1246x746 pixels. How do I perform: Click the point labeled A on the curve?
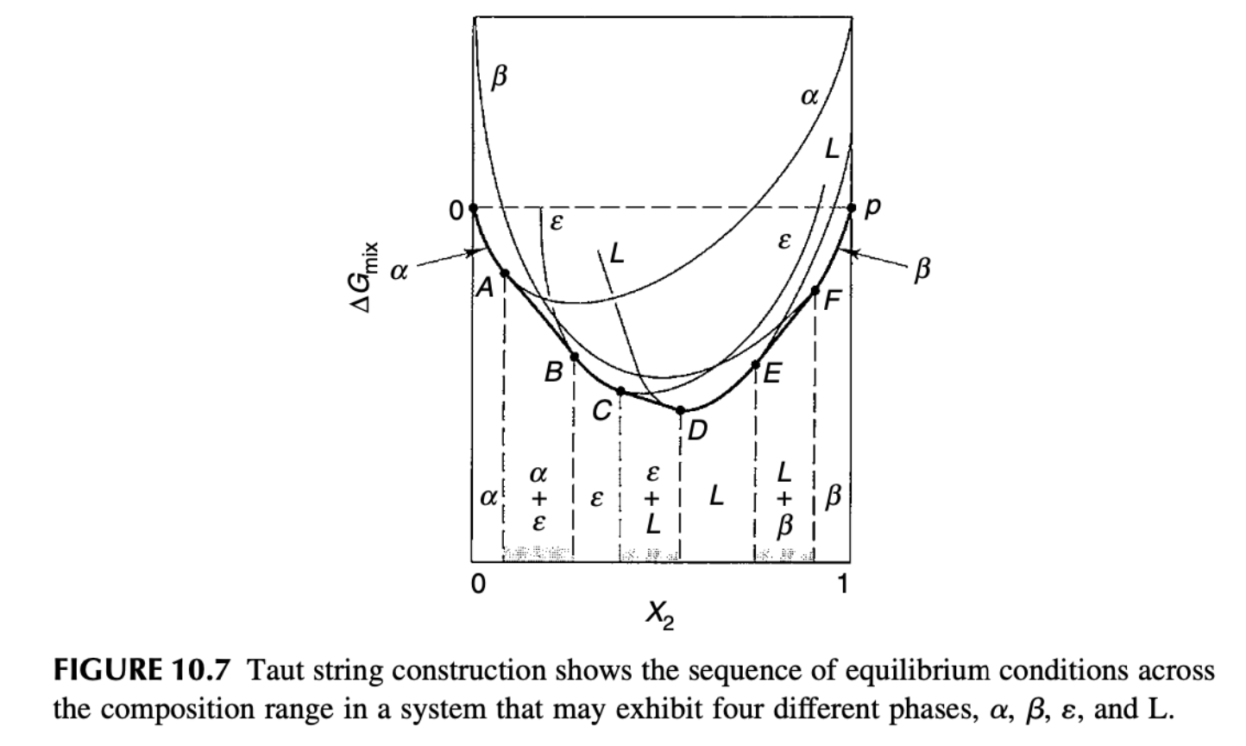pos(505,274)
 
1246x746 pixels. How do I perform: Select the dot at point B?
pos(575,357)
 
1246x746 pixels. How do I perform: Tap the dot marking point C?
pos(620,391)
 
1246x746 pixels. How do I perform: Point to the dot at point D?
pos(681,410)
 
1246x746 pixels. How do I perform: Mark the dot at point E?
pos(757,364)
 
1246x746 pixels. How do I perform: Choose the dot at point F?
pos(816,290)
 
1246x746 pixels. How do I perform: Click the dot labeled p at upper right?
pos(852,208)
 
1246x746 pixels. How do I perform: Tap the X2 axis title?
pos(659,615)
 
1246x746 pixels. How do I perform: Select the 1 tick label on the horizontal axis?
pos(843,585)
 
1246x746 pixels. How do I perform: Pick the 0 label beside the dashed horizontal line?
pos(455,208)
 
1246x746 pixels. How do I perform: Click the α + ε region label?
pos(538,498)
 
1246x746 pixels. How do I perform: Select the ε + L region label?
pos(653,498)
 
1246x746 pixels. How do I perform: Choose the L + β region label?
pos(783,498)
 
